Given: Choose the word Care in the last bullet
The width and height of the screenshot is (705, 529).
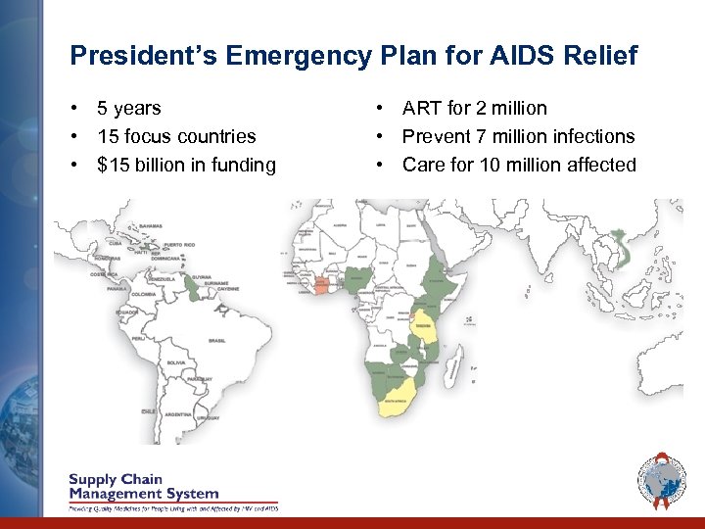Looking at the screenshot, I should pos(423,165).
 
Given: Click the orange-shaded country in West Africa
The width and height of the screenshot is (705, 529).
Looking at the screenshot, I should pos(321,285).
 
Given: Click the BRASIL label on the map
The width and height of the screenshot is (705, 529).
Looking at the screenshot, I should pos(217,339).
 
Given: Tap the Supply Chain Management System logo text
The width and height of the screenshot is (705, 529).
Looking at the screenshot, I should pos(144,487).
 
